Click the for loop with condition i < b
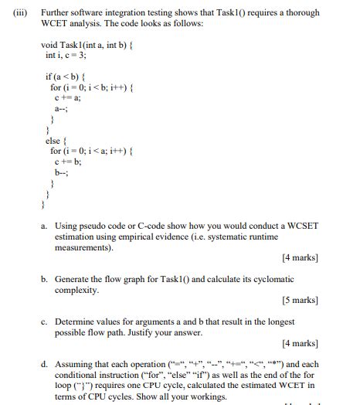tap(91, 87)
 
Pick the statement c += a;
tap(68, 97)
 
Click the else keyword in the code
tap(53, 140)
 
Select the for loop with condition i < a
tap(91, 151)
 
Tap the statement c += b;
tap(68, 162)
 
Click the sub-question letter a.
tap(45, 226)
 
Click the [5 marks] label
tap(300, 300)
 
